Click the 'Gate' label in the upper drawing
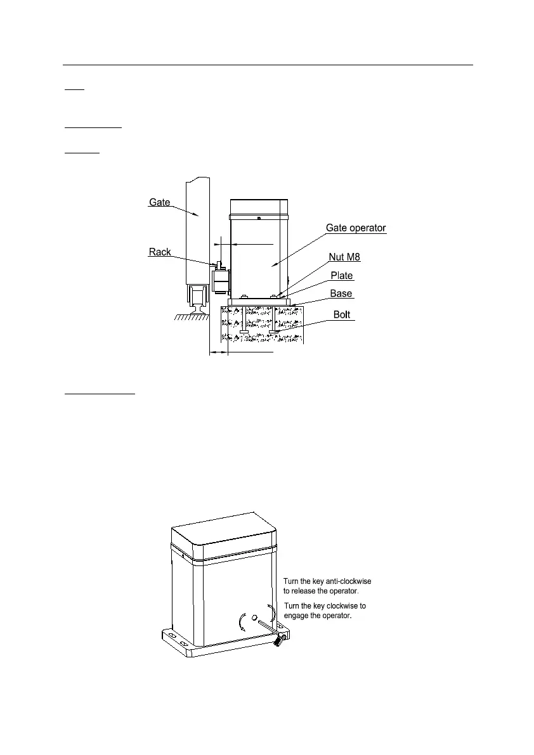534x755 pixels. tap(159, 202)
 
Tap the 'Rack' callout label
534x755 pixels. tap(160, 252)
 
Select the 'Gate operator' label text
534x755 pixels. tap(355, 228)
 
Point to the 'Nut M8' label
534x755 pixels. tap(344, 257)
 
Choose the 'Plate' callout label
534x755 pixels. tap(342, 276)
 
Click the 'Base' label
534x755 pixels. tap(342, 294)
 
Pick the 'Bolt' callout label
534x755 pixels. tap(342, 314)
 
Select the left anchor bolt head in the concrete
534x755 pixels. tap(244, 332)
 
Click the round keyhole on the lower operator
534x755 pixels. tap(254, 617)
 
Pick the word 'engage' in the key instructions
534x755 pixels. tap(297, 616)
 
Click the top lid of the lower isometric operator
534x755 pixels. tap(226, 538)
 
